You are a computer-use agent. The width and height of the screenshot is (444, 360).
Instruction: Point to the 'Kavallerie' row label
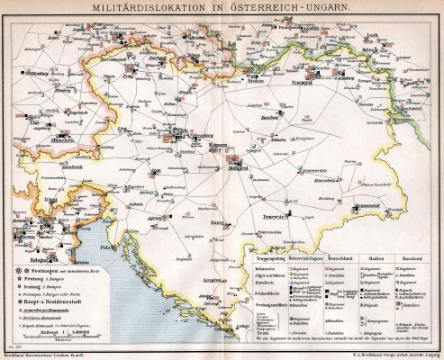(261, 280)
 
